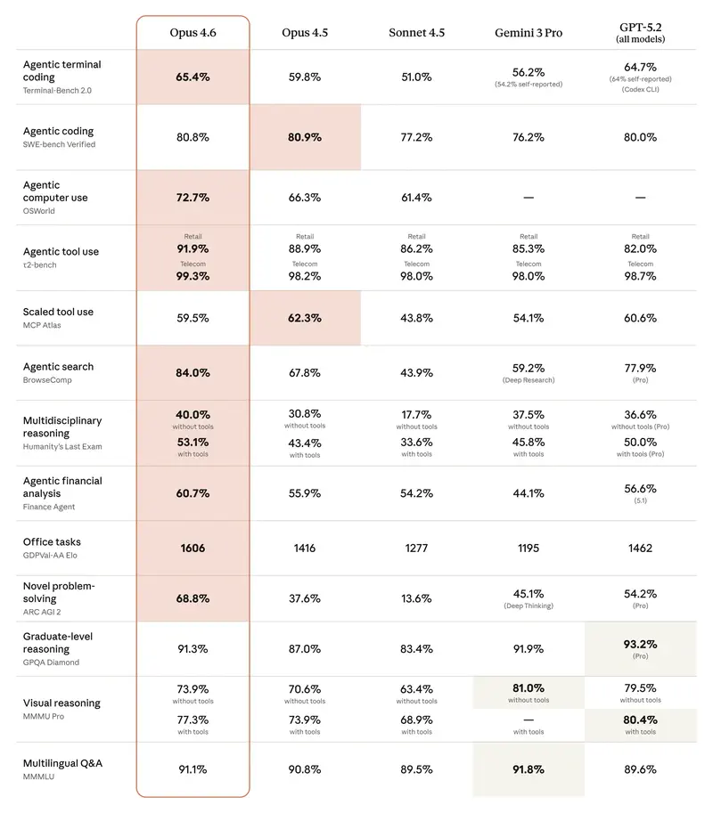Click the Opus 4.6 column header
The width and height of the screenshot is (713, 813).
[193, 33]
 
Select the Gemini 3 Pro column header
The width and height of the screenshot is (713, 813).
[528, 33]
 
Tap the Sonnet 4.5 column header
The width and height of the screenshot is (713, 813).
[416, 33]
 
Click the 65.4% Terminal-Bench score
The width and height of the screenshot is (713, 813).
[193, 77]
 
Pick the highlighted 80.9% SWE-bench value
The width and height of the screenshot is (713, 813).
[305, 138]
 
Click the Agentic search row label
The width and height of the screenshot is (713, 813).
[58, 367]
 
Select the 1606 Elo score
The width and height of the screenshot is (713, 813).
[193, 549]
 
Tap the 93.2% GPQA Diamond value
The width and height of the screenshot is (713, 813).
[640, 644]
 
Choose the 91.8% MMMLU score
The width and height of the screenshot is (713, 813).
[528, 769]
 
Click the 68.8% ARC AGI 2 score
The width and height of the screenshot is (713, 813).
[193, 598]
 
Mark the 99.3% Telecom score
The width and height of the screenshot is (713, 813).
[193, 277]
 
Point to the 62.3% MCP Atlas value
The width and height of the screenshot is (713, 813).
[305, 318]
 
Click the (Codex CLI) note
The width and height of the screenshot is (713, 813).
[640, 89]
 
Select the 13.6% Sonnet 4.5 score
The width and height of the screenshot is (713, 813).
[416, 598]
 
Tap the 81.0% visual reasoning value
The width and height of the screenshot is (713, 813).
[528, 688]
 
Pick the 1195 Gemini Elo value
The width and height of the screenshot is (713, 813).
[528, 549]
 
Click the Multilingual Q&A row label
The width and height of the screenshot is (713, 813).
[62, 763]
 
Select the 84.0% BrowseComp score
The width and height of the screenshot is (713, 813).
[193, 373]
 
